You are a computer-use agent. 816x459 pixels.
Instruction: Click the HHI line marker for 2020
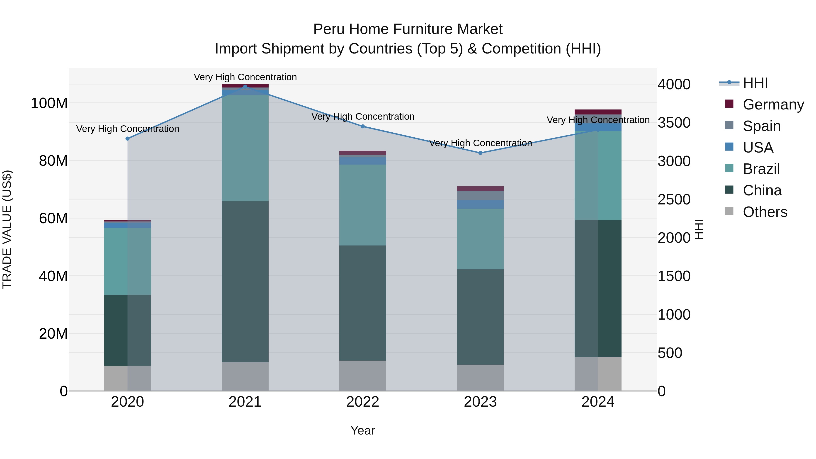(x=128, y=139)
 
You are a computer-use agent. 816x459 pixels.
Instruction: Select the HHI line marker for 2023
(x=480, y=153)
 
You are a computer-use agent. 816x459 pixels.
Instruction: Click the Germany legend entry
(x=773, y=104)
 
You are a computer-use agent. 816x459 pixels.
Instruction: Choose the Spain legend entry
(x=762, y=126)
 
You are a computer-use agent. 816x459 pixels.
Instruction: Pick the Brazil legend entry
(x=761, y=169)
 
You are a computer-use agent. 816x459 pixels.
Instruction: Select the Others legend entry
(x=765, y=212)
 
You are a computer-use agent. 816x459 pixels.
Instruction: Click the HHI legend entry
(x=755, y=83)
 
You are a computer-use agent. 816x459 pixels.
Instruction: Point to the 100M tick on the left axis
(x=49, y=103)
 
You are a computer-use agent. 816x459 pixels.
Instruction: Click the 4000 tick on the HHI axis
(x=674, y=85)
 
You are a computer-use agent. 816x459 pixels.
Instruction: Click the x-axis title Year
(x=363, y=430)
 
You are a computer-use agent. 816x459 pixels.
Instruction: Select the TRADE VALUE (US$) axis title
(x=7, y=229)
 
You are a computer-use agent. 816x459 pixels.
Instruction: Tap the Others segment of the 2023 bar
(x=480, y=378)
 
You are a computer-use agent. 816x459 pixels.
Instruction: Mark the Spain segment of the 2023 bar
(x=480, y=195)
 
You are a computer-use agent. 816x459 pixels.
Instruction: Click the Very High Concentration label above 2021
(x=245, y=77)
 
